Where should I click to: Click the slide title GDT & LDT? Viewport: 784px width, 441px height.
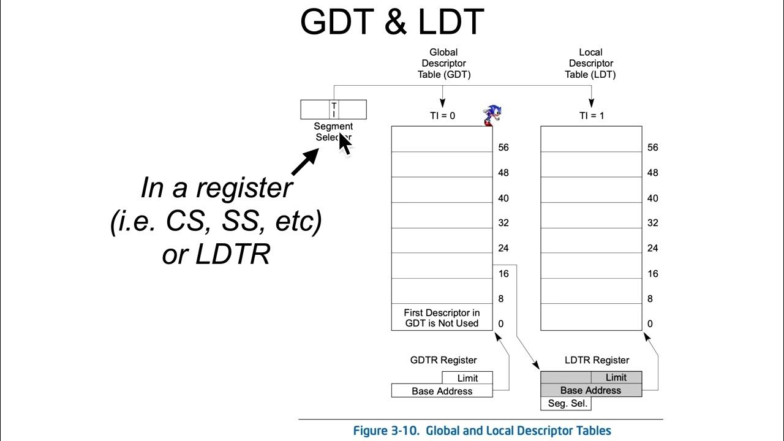click(x=392, y=22)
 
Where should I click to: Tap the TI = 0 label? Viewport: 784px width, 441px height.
click(x=442, y=116)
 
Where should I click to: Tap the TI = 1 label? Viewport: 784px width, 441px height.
click(x=591, y=116)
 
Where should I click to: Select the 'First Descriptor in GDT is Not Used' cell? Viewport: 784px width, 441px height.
click(x=442, y=318)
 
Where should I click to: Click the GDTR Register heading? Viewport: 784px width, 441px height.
click(x=443, y=360)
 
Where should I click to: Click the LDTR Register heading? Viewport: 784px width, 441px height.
click(x=597, y=360)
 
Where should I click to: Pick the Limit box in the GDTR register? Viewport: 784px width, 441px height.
click(x=467, y=378)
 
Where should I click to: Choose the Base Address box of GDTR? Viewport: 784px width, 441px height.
click(x=442, y=391)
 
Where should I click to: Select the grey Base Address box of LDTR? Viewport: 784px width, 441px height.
click(x=590, y=390)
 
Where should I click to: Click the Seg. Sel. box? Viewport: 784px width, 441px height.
click(x=565, y=404)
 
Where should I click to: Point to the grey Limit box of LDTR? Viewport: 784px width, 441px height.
click(x=616, y=377)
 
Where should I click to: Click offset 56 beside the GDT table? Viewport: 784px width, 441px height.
click(x=503, y=148)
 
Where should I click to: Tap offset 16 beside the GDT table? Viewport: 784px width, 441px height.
click(x=503, y=274)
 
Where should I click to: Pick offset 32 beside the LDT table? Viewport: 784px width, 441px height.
click(x=652, y=223)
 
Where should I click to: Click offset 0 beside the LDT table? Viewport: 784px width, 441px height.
click(x=650, y=323)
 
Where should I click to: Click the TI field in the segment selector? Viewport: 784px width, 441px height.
click(x=334, y=110)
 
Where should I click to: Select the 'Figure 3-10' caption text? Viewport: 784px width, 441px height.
click(x=481, y=431)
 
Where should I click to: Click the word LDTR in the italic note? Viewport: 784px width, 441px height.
click(x=233, y=255)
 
